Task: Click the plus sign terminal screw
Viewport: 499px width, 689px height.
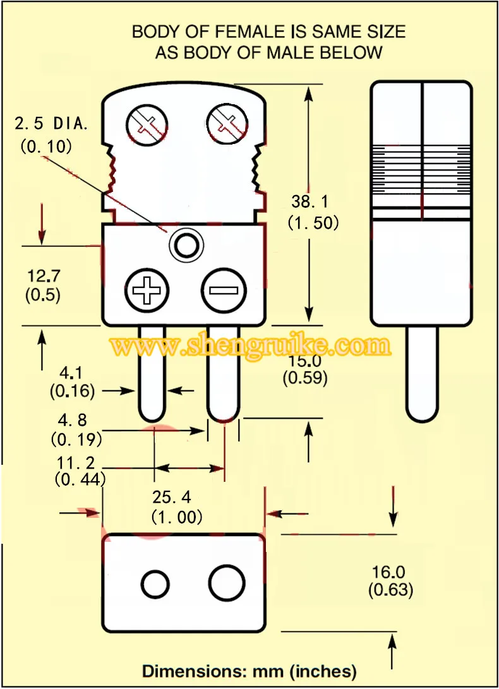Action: tap(147, 290)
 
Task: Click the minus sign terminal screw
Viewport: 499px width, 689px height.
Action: tap(224, 290)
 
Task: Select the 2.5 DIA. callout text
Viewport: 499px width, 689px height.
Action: tap(51, 124)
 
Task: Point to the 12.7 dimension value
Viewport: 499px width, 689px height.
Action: tap(44, 276)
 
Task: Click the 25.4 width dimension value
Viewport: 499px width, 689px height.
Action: tap(172, 497)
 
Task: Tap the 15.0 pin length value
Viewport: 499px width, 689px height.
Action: tap(305, 361)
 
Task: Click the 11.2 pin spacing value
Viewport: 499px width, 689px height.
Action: tap(76, 463)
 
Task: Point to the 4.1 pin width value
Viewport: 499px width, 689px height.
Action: tap(71, 373)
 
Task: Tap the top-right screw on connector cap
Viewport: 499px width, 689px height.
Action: tap(227, 123)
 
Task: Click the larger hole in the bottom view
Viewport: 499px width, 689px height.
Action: tap(227, 583)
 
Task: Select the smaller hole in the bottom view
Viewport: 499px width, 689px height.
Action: tap(155, 584)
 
